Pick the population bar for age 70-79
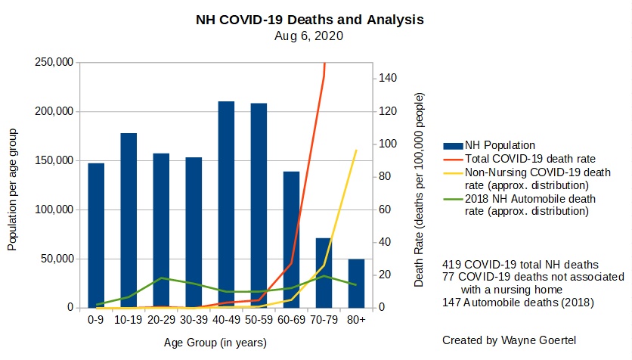[x=324, y=273]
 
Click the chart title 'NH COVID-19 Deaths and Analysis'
[x=310, y=20]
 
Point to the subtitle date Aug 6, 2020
[x=310, y=36]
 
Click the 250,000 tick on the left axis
[x=54, y=62]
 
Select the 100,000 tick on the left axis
[x=54, y=209]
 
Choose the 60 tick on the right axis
[x=386, y=209]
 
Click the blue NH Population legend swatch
[x=454, y=145]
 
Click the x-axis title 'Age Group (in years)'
[x=215, y=343]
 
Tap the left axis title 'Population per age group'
[x=13, y=190]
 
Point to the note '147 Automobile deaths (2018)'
[x=519, y=303]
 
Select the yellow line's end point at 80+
[x=356, y=151]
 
